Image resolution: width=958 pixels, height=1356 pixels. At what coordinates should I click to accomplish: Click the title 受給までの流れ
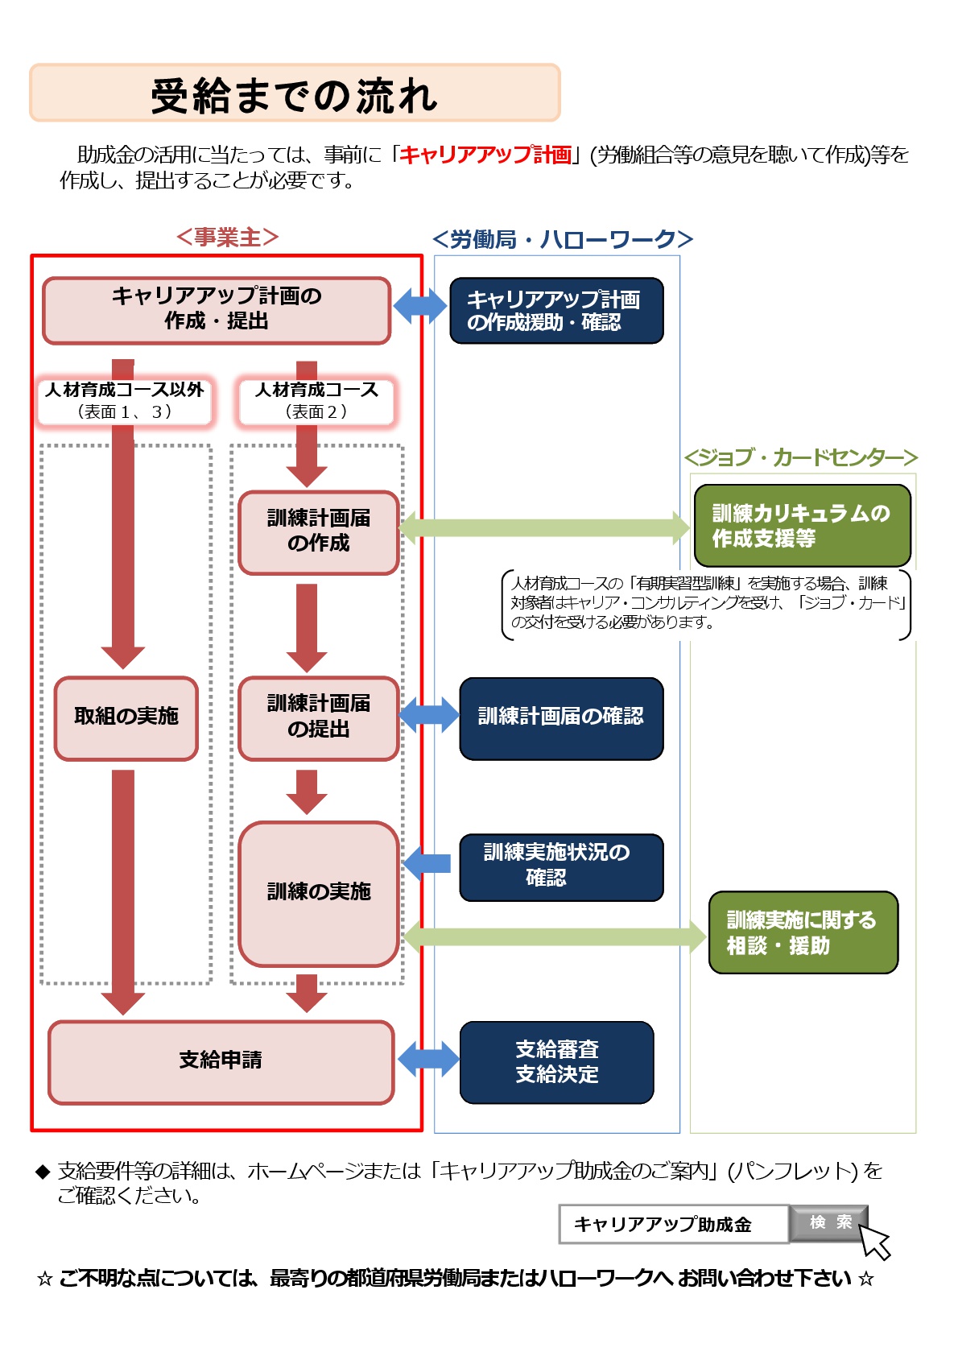[x=295, y=95]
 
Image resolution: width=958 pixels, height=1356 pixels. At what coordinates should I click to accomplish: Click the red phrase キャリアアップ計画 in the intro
[x=485, y=155]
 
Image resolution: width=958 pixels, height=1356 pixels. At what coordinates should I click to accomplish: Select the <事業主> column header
[x=227, y=238]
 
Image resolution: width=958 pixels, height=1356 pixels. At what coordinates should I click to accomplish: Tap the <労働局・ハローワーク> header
[x=562, y=239]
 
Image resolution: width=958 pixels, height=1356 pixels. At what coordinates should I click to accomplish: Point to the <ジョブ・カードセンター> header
[x=800, y=457]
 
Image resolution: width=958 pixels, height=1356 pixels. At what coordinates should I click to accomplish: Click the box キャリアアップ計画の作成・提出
[x=217, y=310]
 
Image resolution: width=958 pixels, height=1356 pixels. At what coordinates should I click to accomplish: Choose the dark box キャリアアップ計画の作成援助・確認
[x=556, y=311]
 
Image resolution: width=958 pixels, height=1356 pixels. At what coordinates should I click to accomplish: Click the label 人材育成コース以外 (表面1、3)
[x=125, y=400]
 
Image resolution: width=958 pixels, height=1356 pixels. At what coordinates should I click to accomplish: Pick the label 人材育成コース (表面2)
[x=316, y=400]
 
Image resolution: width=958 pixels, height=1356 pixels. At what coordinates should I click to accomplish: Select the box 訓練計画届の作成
[x=319, y=532]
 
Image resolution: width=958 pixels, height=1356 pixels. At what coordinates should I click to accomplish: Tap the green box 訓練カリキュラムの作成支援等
[x=802, y=526]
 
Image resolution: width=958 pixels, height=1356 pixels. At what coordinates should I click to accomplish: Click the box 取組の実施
[x=126, y=717]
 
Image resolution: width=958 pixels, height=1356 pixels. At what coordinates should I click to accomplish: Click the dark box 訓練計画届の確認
[x=561, y=717]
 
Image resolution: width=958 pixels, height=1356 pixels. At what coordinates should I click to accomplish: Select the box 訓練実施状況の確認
[x=561, y=866]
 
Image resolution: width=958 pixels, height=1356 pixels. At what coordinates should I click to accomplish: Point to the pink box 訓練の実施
[x=319, y=893]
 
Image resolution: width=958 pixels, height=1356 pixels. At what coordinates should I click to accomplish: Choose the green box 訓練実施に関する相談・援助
[x=803, y=932]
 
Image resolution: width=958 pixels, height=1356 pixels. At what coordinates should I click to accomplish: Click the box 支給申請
[x=221, y=1061]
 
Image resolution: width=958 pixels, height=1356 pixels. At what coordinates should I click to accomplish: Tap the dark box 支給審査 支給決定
[x=556, y=1062]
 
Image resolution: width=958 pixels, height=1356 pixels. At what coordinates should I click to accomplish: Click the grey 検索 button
[x=829, y=1222]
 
